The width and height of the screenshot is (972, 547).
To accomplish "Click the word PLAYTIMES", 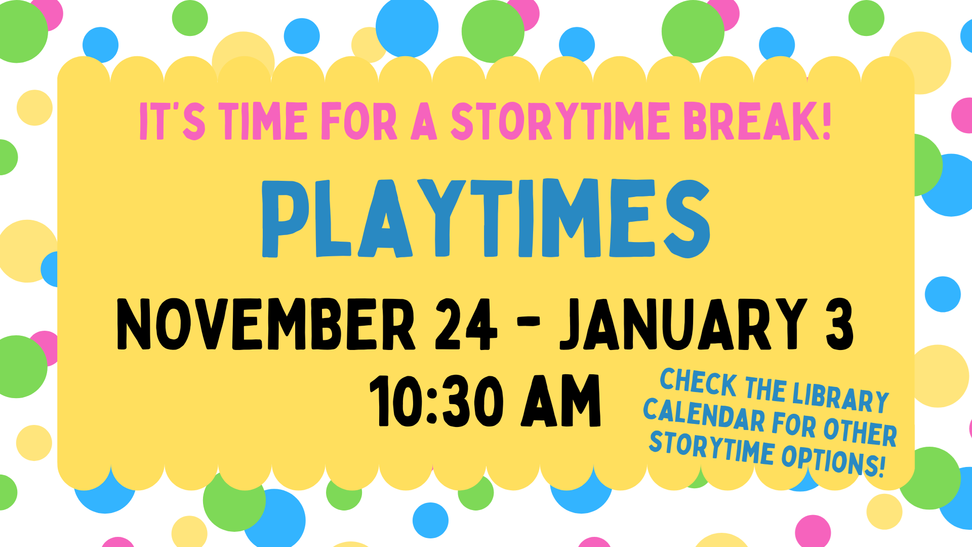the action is (x=486, y=218).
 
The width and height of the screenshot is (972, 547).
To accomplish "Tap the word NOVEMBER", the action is (x=266, y=324).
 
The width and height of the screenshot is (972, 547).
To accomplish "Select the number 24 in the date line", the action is (x=466, y=324).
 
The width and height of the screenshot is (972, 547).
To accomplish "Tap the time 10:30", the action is (x=436, y=401).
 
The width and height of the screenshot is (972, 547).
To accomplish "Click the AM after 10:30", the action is (x=561, y=401).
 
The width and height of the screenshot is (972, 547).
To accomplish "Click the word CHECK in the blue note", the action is (x=699, y=382).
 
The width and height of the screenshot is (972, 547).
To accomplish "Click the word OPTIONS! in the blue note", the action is (x=833, y=460).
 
